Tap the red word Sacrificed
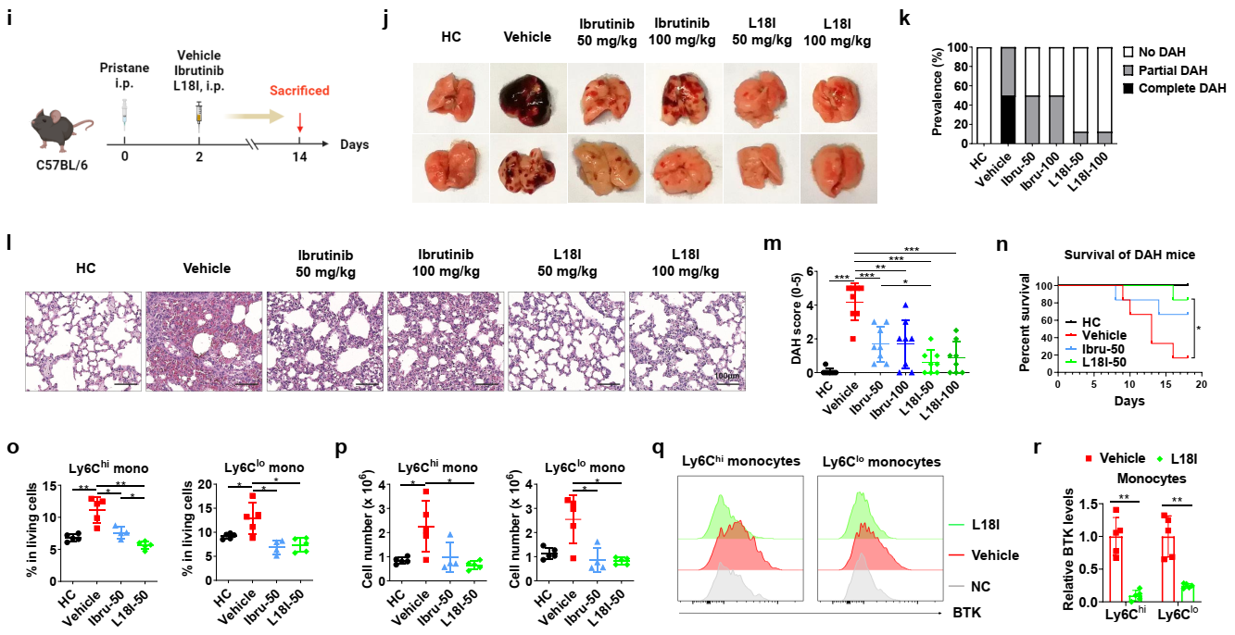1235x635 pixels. click(298, 91)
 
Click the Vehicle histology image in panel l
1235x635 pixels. click(205, 339)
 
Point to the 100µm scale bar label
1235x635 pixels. click(727, 376)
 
